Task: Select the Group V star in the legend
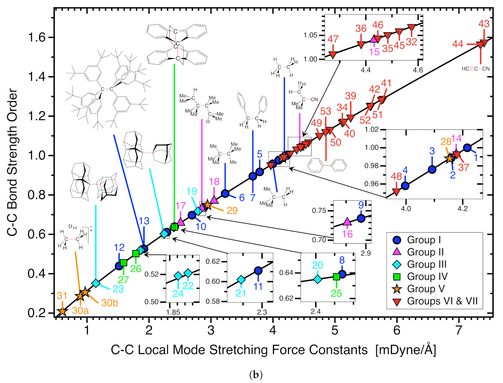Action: [397, 289]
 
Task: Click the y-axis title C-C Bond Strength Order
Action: [12, 162]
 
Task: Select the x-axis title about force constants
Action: [273, 350]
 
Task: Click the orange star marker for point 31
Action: [62, 311]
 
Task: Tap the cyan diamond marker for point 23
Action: [96, 283]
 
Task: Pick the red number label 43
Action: [484, 24]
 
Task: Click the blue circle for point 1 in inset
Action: [467, 148]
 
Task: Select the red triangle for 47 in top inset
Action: [332, 54]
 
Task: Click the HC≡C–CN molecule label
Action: [475, 69]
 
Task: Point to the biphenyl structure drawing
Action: [327, 165]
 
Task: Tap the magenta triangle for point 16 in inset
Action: [347, 222]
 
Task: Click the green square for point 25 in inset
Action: [336, 277]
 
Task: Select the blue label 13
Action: [144, 221]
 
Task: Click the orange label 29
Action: [232, 211]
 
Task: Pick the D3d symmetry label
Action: [72, 227]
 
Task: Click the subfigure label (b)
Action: [256, 375]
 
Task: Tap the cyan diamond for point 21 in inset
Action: [241, 279]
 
